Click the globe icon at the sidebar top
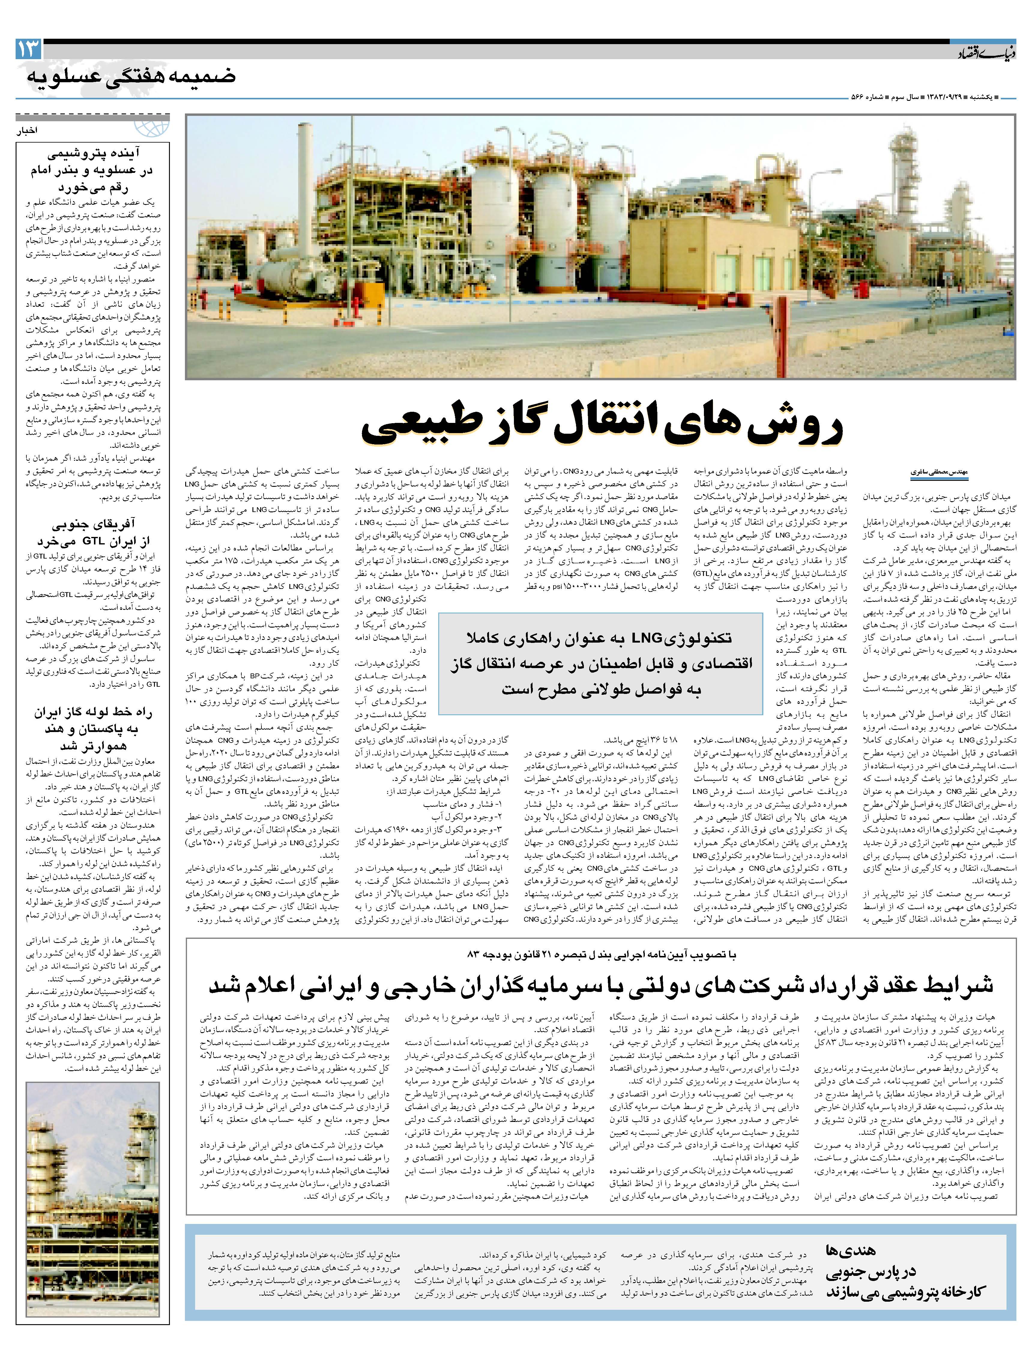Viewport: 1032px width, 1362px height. click(x=152, y=126)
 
